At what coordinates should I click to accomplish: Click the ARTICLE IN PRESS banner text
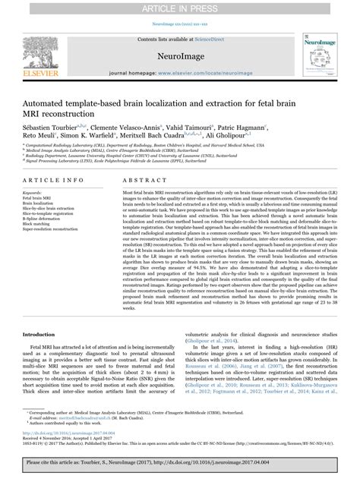click(x=179, y=8)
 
